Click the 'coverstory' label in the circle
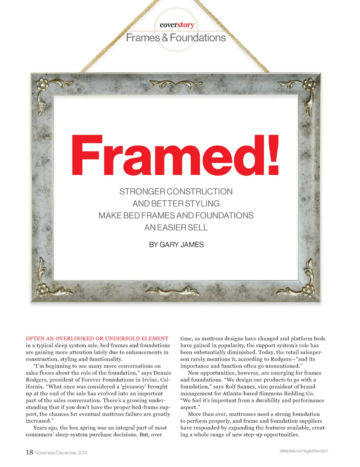177,25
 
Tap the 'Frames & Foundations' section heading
176,38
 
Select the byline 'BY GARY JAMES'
176,245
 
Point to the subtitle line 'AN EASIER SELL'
176,227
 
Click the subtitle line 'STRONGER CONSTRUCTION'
176,192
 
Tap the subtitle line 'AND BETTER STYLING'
176,203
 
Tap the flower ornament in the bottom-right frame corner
309,290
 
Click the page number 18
30,452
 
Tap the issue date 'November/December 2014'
60,453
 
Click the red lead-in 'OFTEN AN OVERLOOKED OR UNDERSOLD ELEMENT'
97,338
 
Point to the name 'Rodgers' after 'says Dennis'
38,380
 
